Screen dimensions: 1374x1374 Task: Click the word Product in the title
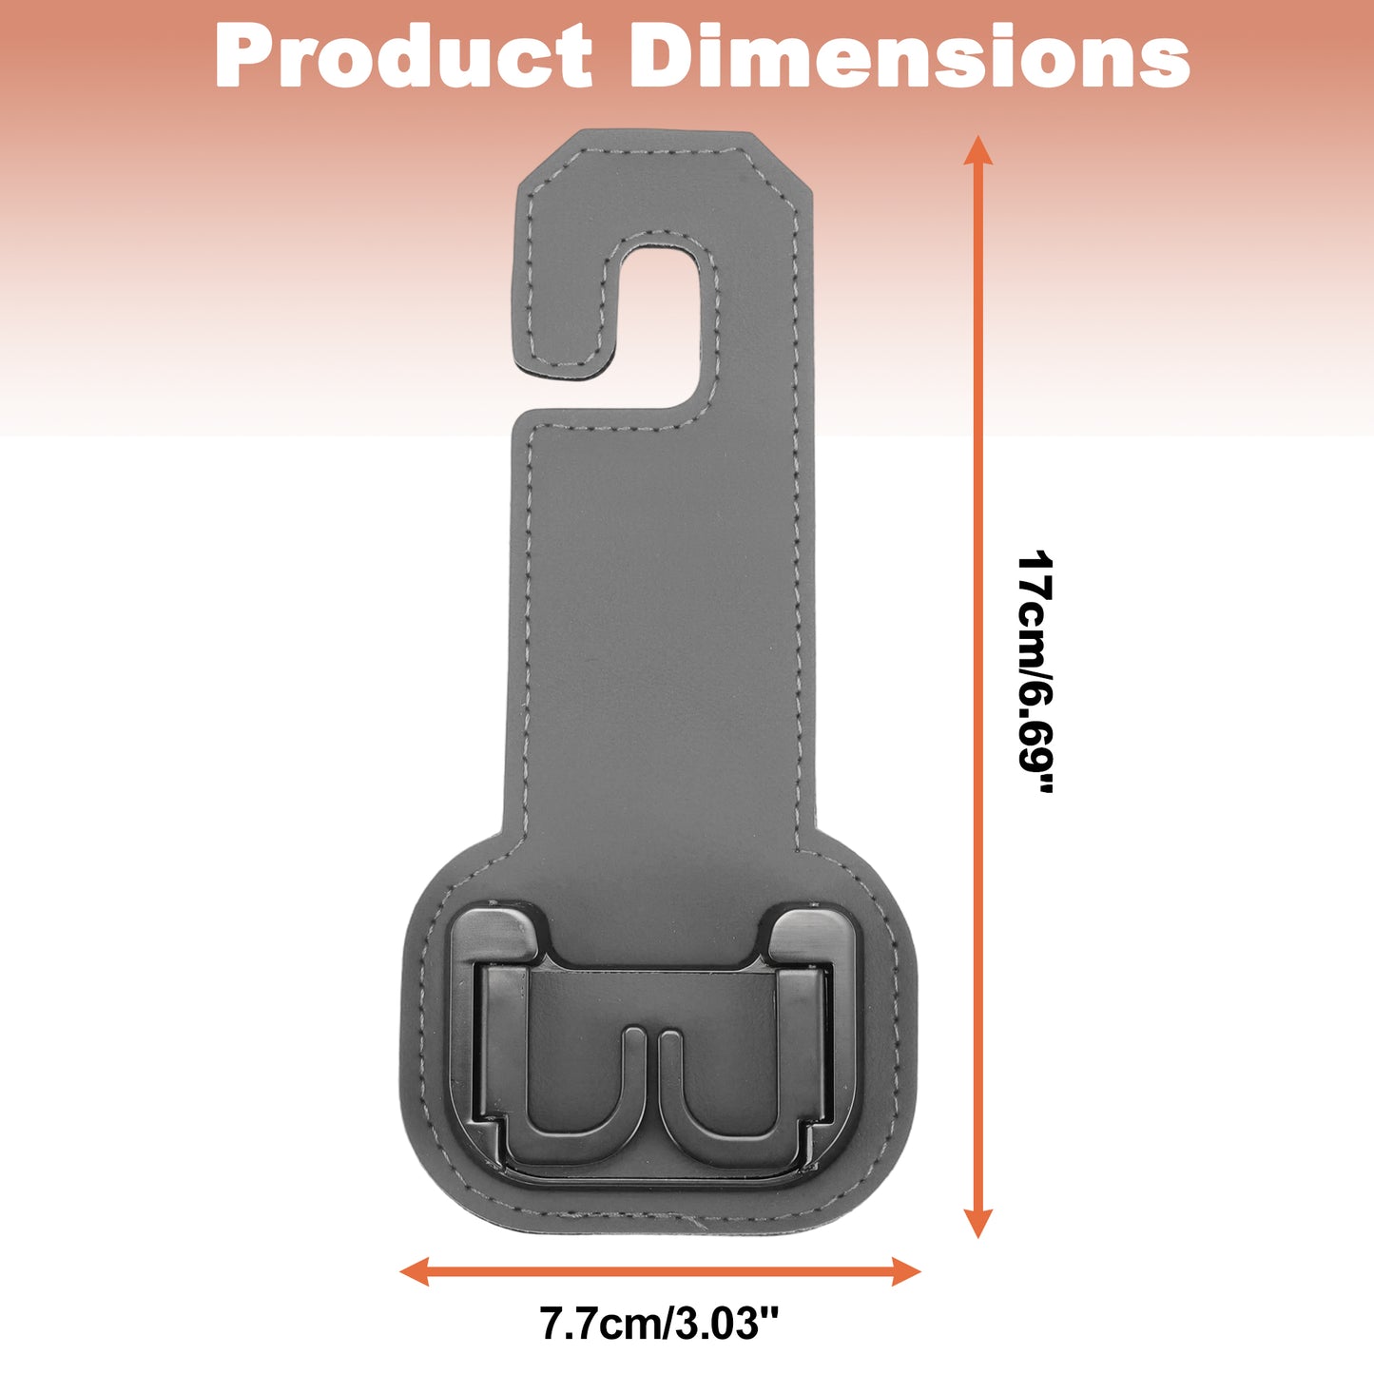tap(404, 55)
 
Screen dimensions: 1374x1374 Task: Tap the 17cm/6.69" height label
tap(1035, 671)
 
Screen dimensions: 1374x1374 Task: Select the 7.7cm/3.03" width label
tap(660, 1324)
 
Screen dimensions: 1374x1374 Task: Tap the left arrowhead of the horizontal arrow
tap(415, 1271)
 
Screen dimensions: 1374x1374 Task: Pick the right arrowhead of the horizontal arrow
tap(906, 1271)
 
